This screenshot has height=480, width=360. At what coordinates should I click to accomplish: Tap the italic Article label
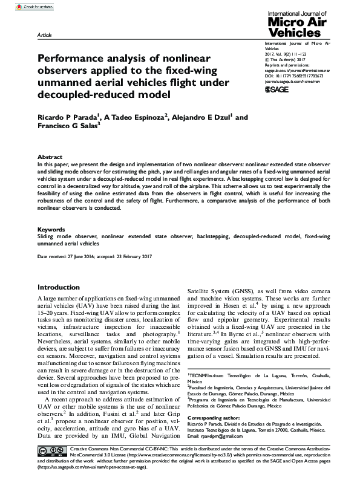(45, 36)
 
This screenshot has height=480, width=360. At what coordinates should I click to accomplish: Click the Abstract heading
(50, 156)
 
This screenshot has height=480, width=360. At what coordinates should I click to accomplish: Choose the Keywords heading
(52, 230)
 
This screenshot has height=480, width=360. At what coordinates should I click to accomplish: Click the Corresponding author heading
(212, 418)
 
